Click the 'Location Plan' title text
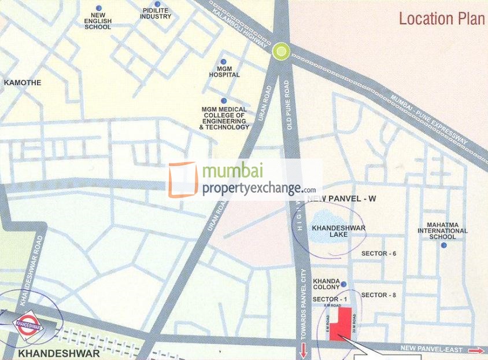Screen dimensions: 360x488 click(x=442, y=19)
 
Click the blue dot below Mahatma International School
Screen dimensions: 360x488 click(x=443, y=245)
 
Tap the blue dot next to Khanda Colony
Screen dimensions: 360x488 click(x=343, y=284)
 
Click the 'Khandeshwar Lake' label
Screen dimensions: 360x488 click(x=338, y=232)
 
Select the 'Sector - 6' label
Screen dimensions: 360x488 click(x=378, y=254)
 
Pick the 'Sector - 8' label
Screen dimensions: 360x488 click(x=378, y=295)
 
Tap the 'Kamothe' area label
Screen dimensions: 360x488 click(x=23, y=83)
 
